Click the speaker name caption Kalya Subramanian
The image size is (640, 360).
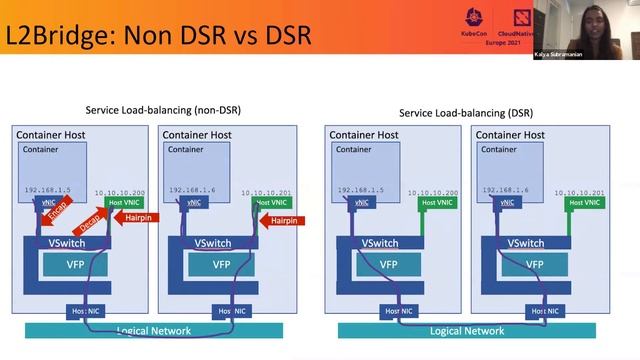click(586, 54)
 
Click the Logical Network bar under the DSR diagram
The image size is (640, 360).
click(466, 330)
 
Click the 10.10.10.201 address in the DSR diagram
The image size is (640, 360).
click(578, 192)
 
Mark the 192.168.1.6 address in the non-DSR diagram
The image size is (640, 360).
click(192, 190)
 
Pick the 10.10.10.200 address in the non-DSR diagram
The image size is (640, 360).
click(119, 192)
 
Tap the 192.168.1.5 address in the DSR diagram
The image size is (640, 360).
click(359, 190)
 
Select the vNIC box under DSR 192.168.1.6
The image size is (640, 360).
click(505, 202)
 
